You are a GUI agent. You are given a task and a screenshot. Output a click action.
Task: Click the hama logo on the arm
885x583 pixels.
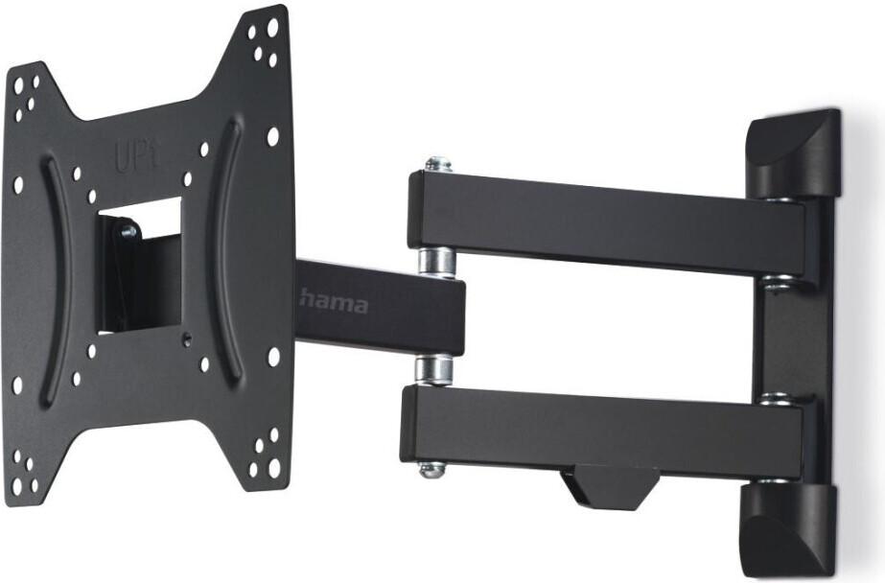334,302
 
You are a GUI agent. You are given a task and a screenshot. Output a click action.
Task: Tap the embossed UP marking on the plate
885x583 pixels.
135,157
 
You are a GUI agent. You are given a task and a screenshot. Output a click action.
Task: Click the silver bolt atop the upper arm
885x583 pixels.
438,165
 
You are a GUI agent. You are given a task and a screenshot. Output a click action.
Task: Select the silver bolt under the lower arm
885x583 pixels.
431,469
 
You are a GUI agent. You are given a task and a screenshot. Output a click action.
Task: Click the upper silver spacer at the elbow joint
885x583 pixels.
436,262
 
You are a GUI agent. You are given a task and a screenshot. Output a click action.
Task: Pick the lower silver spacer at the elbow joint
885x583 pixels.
433,370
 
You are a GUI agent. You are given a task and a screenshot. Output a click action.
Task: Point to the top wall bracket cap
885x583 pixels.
794,153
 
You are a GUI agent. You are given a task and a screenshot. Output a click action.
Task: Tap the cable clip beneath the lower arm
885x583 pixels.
610,486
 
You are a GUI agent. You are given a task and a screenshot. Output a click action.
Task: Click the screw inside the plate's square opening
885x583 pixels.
128,231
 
